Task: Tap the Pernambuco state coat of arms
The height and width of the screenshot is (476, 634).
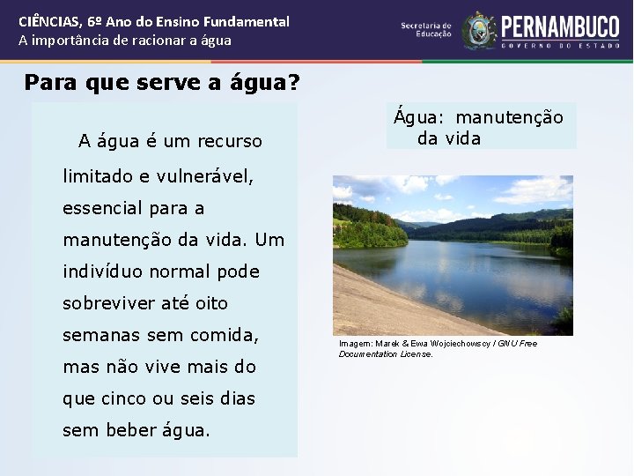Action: (x=480, y=30)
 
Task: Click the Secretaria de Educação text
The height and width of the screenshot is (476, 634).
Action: (x=426, y=30)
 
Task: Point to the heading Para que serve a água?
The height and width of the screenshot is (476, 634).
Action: (x=162, y=83)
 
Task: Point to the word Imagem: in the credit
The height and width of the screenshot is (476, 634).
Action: (x=356, y=343)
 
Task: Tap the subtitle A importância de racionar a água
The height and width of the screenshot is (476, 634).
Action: (x=125, y=41)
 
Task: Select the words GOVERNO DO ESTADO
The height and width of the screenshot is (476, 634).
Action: (x=560, y=45)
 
